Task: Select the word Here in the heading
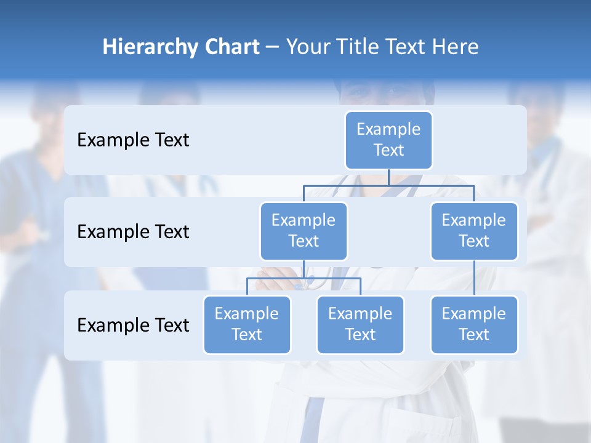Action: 456,47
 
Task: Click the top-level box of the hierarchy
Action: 388,140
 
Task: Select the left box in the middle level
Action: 304,231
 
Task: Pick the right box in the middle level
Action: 474,231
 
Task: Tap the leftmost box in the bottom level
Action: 247,324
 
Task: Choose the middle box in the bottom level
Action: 360,324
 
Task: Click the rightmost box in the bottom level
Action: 474,324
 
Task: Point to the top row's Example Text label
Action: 133,140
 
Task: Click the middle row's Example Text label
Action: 133,231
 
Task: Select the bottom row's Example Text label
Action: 133,325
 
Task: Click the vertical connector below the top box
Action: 388,177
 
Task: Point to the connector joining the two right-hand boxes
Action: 474,278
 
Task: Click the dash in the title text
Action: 273,47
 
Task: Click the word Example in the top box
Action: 388,129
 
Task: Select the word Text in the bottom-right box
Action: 474,335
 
